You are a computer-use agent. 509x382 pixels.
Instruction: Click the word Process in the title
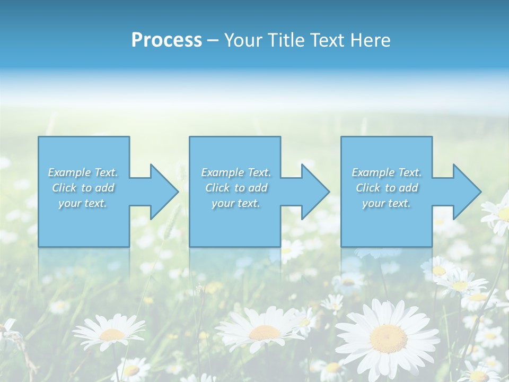coord(166,40)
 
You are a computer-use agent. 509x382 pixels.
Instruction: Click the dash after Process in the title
coord(213,41)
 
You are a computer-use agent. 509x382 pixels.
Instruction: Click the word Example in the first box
coord(69,172)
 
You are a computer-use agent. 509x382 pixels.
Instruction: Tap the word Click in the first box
coord(64,188)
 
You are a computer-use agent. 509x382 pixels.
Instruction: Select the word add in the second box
coord(258,188)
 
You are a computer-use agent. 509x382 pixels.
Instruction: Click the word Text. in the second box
coord(259,172)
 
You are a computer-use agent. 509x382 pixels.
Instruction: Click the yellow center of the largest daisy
coord(388,338)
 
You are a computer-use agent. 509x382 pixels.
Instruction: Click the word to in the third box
coord(390,188)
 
